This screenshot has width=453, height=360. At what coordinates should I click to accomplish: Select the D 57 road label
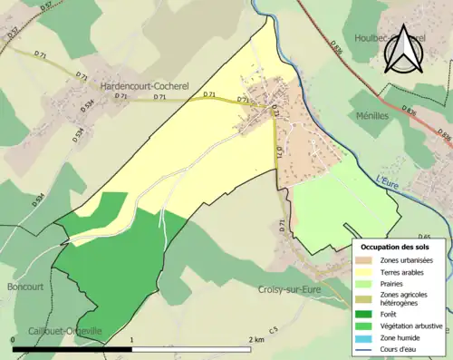pos(13,34)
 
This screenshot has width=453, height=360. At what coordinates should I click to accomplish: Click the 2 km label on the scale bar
pos(256,340)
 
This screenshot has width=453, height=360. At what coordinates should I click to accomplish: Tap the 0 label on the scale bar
pos(14,340)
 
